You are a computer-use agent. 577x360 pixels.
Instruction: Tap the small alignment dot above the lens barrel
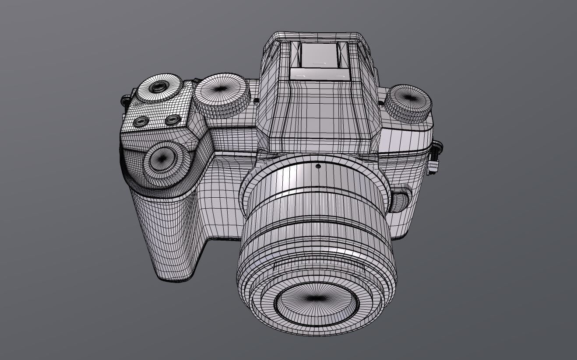[318, 166]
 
